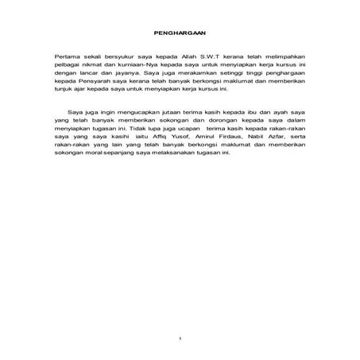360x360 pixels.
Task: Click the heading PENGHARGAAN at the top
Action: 180,33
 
